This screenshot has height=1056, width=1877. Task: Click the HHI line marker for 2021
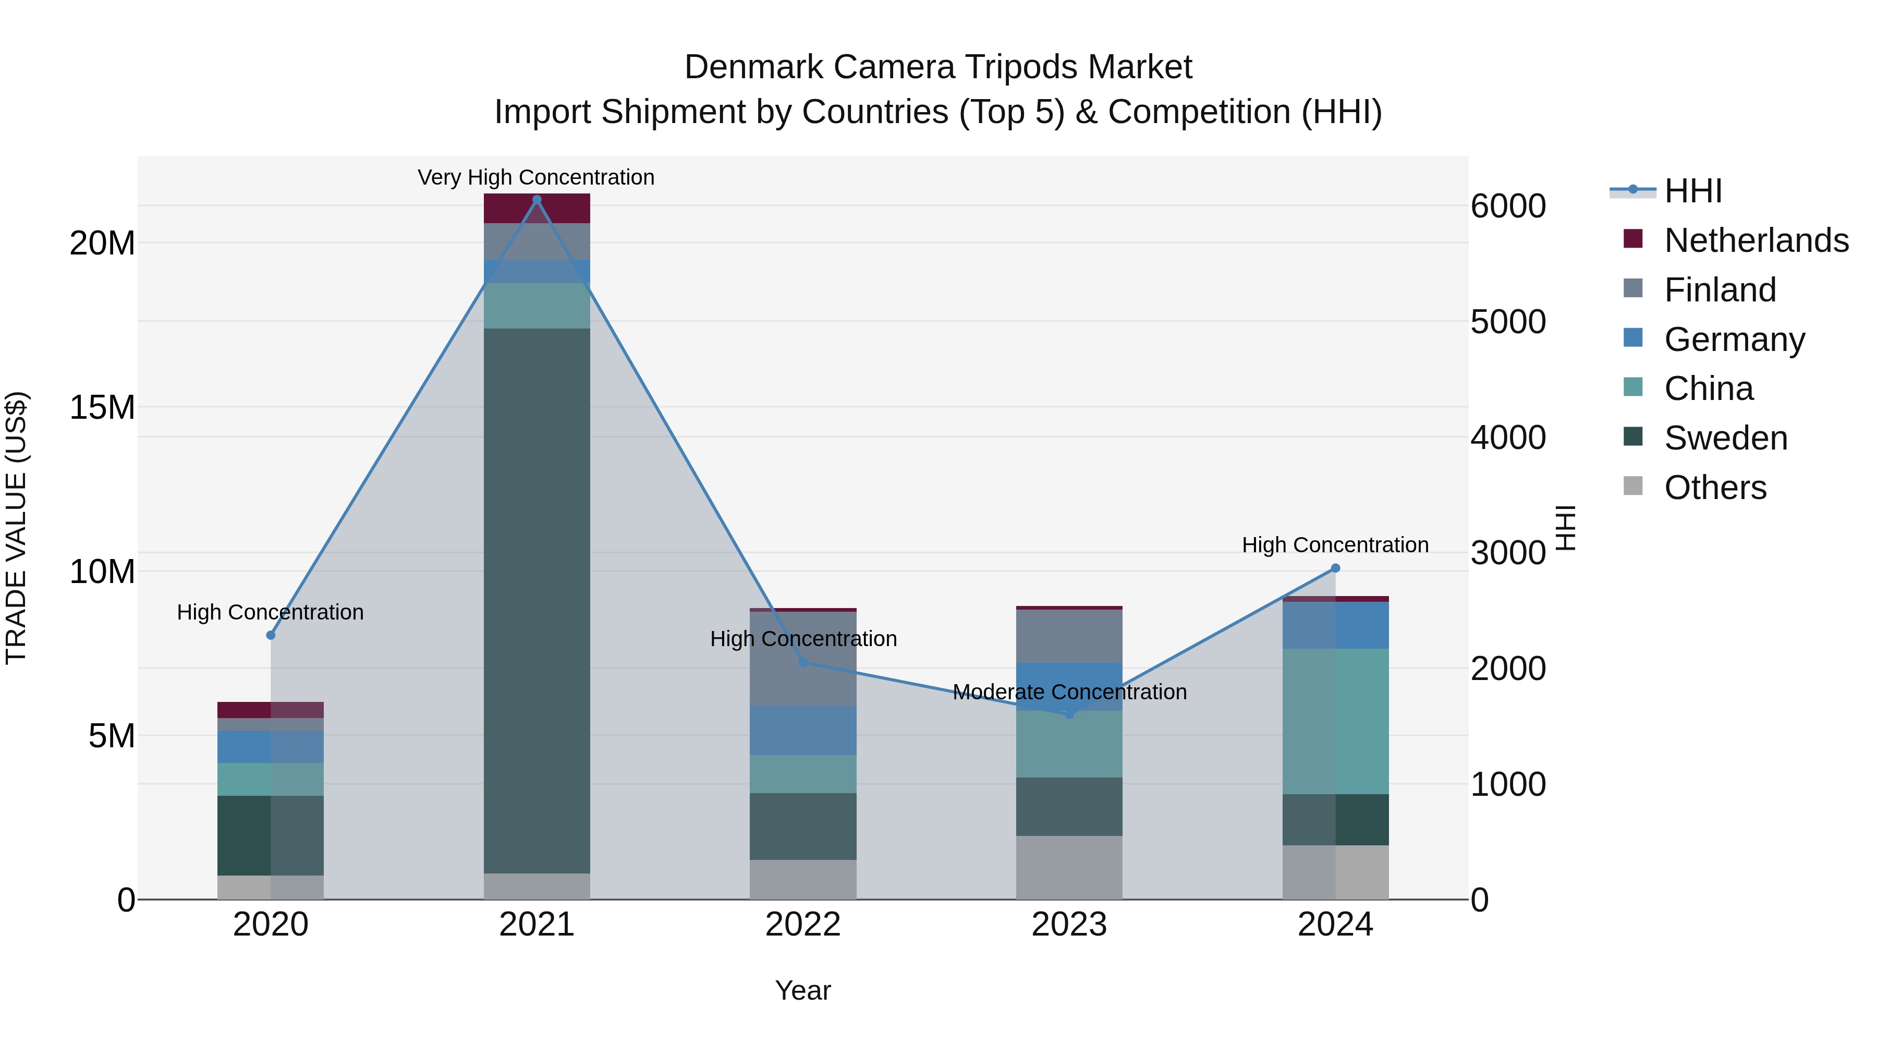537,200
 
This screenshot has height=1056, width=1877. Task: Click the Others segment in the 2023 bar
1069,867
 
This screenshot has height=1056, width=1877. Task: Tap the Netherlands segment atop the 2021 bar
537,209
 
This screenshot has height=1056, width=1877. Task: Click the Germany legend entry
1734,339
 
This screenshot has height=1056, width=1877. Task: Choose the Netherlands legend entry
1756,240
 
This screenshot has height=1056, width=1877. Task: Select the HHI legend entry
1692,191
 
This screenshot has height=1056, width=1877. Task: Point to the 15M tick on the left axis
102,407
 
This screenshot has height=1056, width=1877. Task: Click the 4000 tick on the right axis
1507,438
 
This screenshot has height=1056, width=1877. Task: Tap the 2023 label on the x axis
1069,925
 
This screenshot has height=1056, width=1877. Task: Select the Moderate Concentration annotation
1069,691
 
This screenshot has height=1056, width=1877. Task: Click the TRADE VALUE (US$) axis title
16,528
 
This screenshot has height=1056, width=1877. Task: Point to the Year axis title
802,990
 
